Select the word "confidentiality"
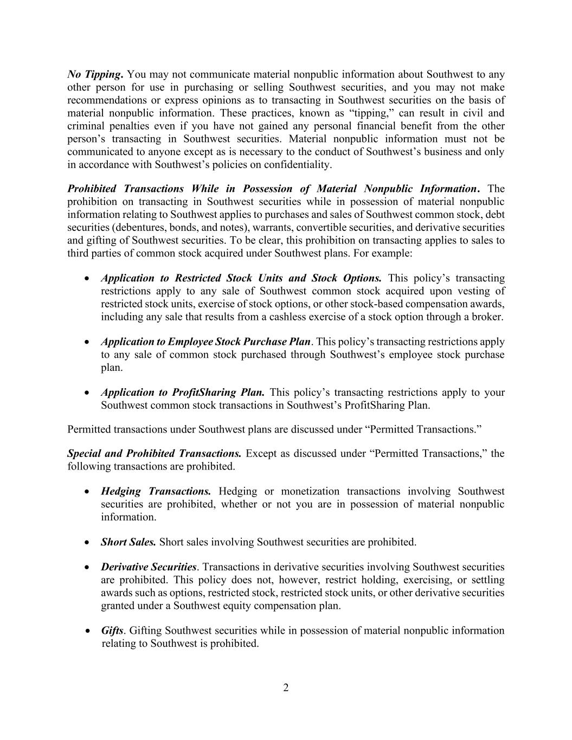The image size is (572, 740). (296, 164)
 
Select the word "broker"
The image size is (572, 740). (486, 317)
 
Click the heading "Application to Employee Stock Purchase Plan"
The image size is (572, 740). (205, 342)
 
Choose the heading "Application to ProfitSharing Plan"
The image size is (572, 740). (183, 392)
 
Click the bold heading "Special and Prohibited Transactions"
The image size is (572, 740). (154, 453)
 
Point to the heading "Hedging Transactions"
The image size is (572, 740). (156, 491)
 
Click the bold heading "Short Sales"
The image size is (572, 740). (128, 542)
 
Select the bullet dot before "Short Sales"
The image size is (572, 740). (87, 542)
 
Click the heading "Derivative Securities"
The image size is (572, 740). (149, 567)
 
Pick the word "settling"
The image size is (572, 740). (486, 580)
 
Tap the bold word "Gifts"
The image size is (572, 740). (112, 630)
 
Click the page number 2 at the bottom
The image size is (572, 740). (286, 688)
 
